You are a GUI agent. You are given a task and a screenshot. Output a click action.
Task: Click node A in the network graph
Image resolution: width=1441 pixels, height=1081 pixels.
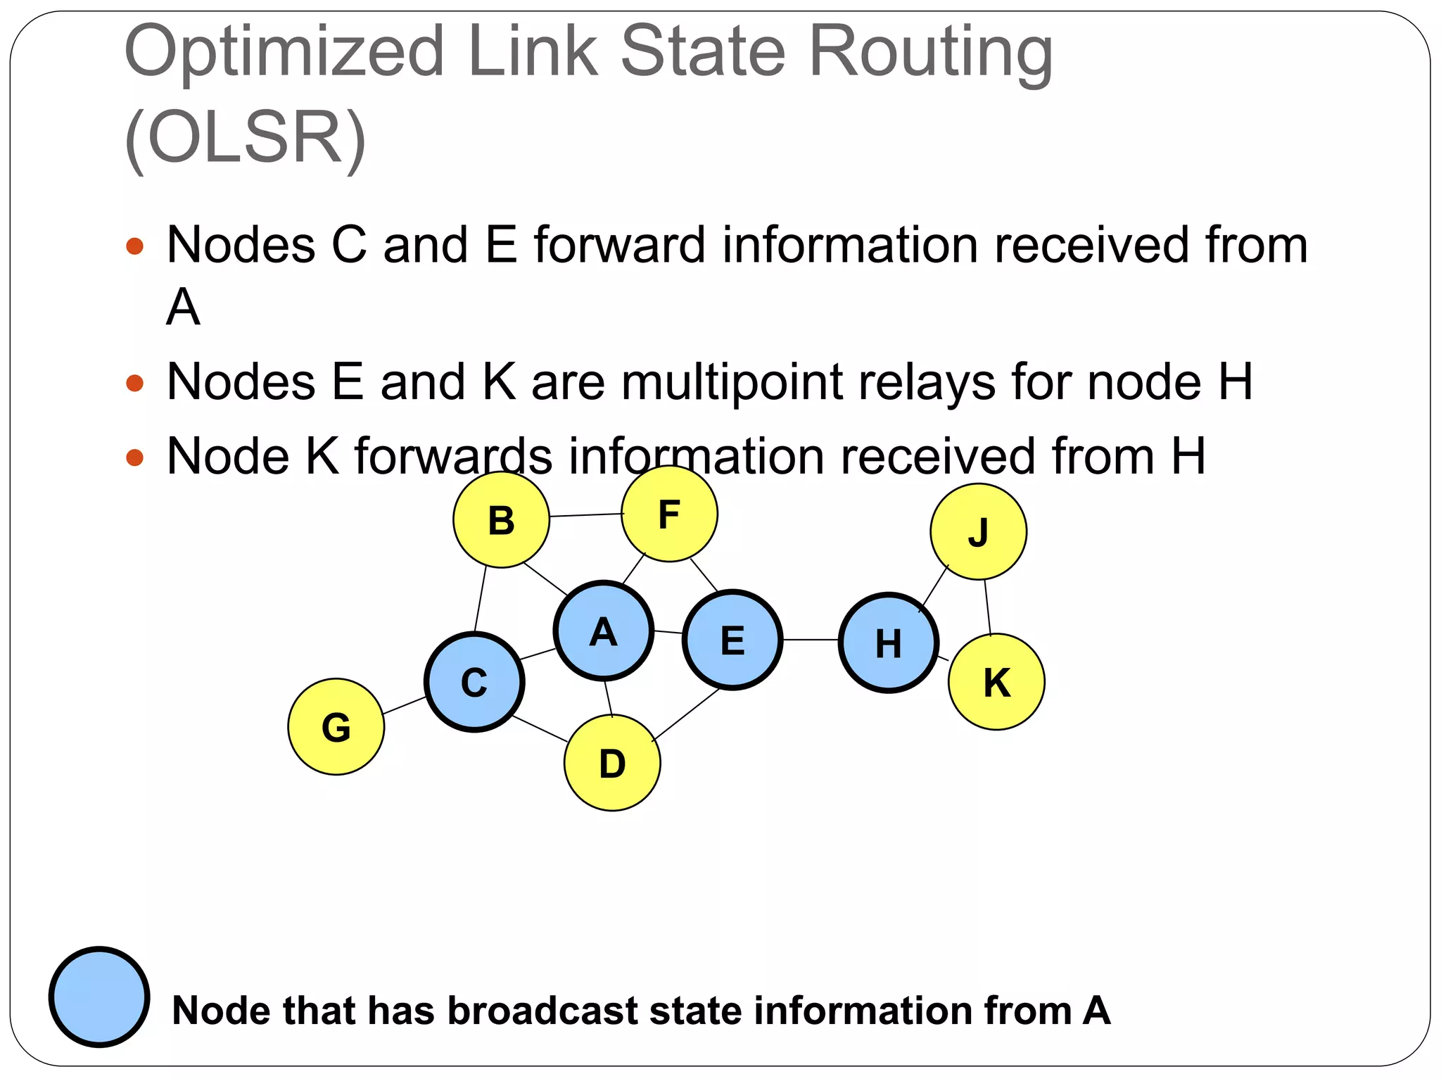(x=604, y=631)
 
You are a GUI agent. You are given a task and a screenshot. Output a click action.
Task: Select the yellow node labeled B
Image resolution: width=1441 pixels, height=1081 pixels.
(x=501, y=520)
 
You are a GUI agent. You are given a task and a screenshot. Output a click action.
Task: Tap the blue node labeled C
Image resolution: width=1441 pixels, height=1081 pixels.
(x=474, y=682)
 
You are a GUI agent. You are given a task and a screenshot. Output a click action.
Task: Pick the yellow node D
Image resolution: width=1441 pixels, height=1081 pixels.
(x=612, y=763)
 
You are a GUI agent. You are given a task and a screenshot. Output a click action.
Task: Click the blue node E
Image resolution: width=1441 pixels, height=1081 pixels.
(x=732, y=640)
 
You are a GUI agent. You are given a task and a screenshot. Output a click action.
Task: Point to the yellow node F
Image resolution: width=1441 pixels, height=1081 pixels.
(x=669, y=514)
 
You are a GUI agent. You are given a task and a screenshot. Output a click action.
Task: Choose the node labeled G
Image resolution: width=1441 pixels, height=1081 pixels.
(x=336, y=727)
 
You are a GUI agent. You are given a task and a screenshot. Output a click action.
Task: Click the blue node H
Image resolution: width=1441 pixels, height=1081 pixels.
(x=889, y=643)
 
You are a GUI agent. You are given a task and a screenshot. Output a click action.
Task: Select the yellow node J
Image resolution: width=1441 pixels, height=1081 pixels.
(x=978, y=531)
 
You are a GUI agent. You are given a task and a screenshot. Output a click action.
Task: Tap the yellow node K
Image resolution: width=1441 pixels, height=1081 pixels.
(x=996, y=682)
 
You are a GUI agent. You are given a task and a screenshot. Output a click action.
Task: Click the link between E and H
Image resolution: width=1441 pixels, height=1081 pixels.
(x=811, y=640)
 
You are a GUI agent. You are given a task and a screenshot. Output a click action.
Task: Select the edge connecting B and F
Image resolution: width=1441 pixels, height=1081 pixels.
(x=585, y=515)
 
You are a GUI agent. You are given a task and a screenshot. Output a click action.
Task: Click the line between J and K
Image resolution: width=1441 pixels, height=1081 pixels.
(x=988, y=607)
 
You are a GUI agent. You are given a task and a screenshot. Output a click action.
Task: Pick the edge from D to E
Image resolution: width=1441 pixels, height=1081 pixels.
(x=686, y=714)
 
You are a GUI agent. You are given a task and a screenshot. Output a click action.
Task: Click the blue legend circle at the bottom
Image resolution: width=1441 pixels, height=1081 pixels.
(x=99, y=997)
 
